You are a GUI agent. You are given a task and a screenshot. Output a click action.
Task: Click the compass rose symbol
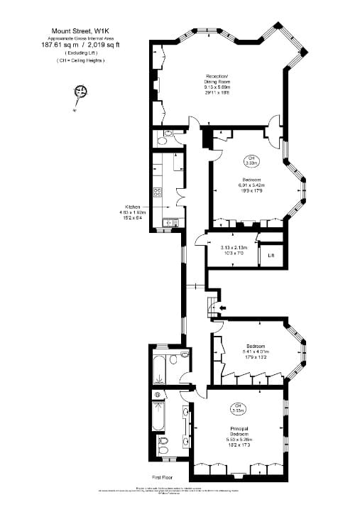coord(80,92)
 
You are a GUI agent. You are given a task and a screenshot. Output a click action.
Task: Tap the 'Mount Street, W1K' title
coord(80,31)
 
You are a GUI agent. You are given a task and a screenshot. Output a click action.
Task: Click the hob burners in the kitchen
coord(158,192)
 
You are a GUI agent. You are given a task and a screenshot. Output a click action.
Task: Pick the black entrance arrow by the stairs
coord(224,307)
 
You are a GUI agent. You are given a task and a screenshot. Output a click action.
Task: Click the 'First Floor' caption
coord(163,478)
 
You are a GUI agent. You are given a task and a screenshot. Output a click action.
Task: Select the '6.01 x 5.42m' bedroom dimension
coord(253,186)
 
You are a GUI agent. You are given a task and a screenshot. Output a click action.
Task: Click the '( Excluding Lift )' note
coord(80,53)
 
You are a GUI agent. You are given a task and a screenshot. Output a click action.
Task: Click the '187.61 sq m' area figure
coord(60,45)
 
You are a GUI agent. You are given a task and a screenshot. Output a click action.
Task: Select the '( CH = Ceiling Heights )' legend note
coord(80,61)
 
